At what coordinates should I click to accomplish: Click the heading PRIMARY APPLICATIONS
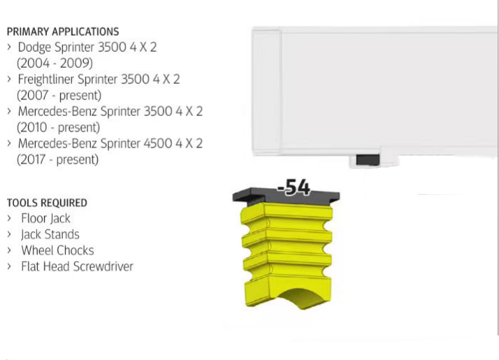[63, 31]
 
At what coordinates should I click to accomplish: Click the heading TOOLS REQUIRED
[47, 203]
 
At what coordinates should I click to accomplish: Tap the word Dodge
[34, 48]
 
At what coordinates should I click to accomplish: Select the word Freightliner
[46, 79]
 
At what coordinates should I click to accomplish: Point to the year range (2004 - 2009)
[55, 63]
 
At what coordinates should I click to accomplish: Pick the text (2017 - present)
[57, 159]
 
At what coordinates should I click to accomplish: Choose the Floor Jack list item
[45, 218]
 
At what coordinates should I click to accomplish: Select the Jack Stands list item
[50, 235]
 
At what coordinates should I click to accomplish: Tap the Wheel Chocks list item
[57, 250]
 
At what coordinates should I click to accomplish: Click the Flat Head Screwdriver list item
[77, 266]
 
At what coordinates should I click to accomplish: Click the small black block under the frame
[368, 160]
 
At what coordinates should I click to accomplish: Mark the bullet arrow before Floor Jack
[9, 218]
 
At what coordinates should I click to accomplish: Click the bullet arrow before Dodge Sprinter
[9, 47]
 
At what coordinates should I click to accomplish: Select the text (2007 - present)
[59, 95]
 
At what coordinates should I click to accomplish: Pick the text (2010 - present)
[58, 127]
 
